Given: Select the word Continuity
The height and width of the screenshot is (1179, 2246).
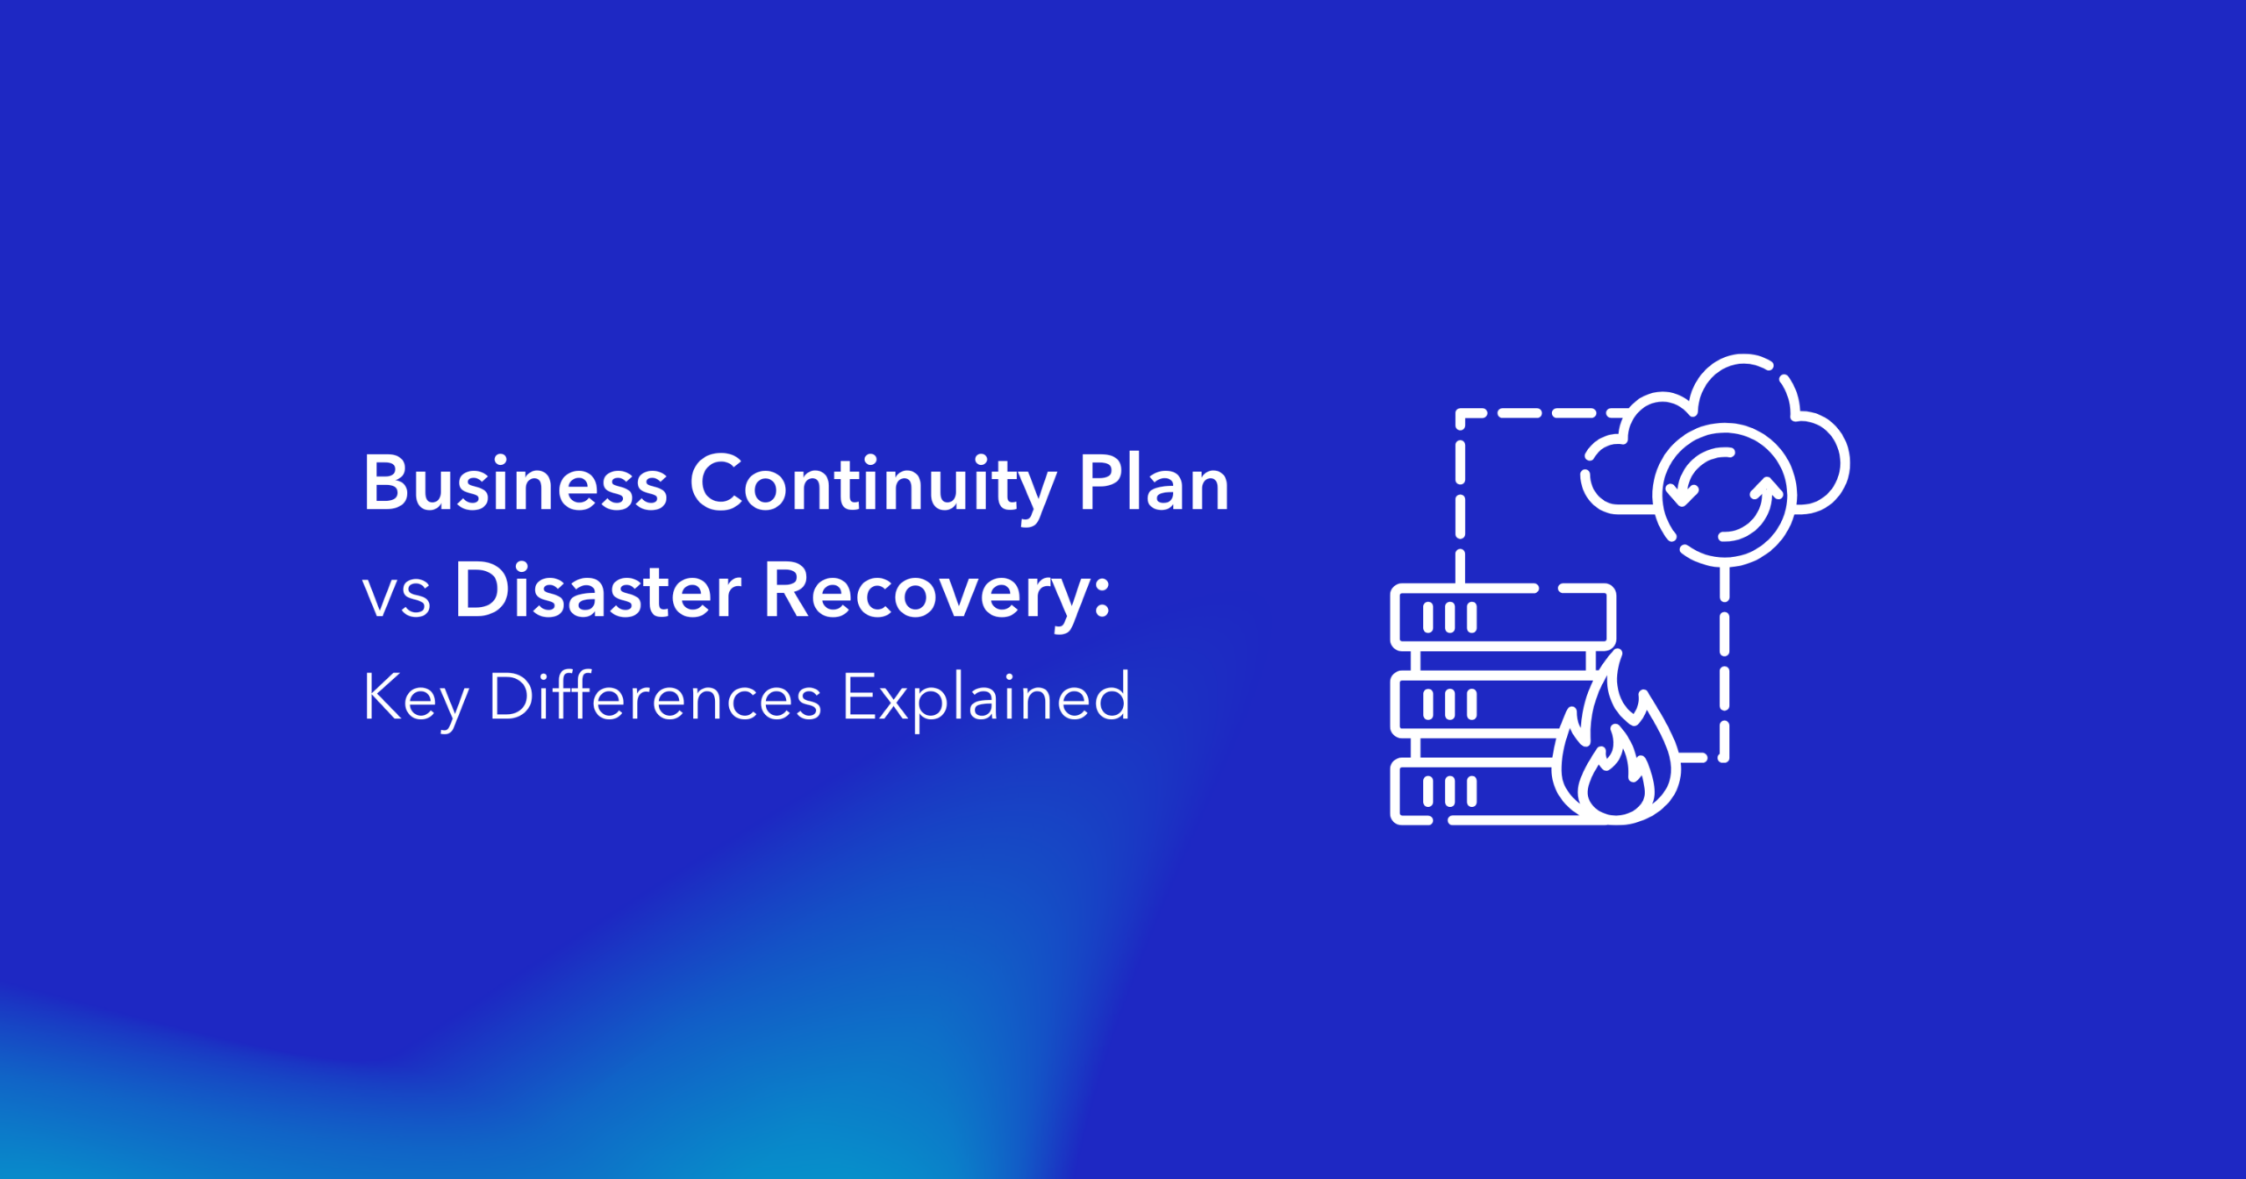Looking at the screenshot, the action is [x=874, y=488].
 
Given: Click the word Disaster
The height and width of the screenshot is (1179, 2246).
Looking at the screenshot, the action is [x=598, y=589].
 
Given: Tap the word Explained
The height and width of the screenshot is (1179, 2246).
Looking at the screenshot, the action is [x=986, y=699].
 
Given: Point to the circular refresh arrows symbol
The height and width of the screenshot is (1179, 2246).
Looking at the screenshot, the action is [x=1724, y=495].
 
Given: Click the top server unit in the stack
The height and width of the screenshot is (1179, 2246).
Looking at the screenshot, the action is [x=1503, y=618].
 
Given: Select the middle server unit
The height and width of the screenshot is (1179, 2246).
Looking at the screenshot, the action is [x=1491, y=704].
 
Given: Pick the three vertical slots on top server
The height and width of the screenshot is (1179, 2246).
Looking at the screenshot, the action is [x=1449, y=618].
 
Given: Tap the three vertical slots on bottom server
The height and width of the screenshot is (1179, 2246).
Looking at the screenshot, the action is [x=1449, y=792].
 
